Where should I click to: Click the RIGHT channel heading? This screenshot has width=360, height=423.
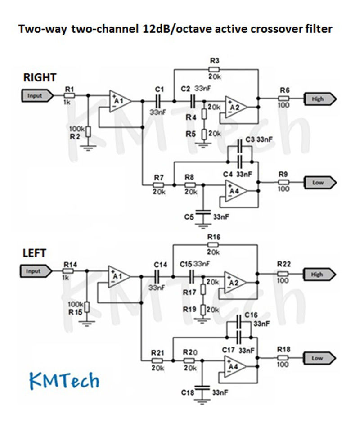click(40, 77)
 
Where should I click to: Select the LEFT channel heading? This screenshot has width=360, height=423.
click(35, 253)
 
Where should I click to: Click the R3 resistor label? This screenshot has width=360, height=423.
click(214, 60)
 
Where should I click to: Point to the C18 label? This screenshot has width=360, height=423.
click(188, 392)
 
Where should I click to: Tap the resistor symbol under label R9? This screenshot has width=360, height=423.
click(283, 182)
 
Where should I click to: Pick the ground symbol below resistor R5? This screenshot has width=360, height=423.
click(204, 144)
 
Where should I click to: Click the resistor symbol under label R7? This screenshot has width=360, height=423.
click(158, 184)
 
